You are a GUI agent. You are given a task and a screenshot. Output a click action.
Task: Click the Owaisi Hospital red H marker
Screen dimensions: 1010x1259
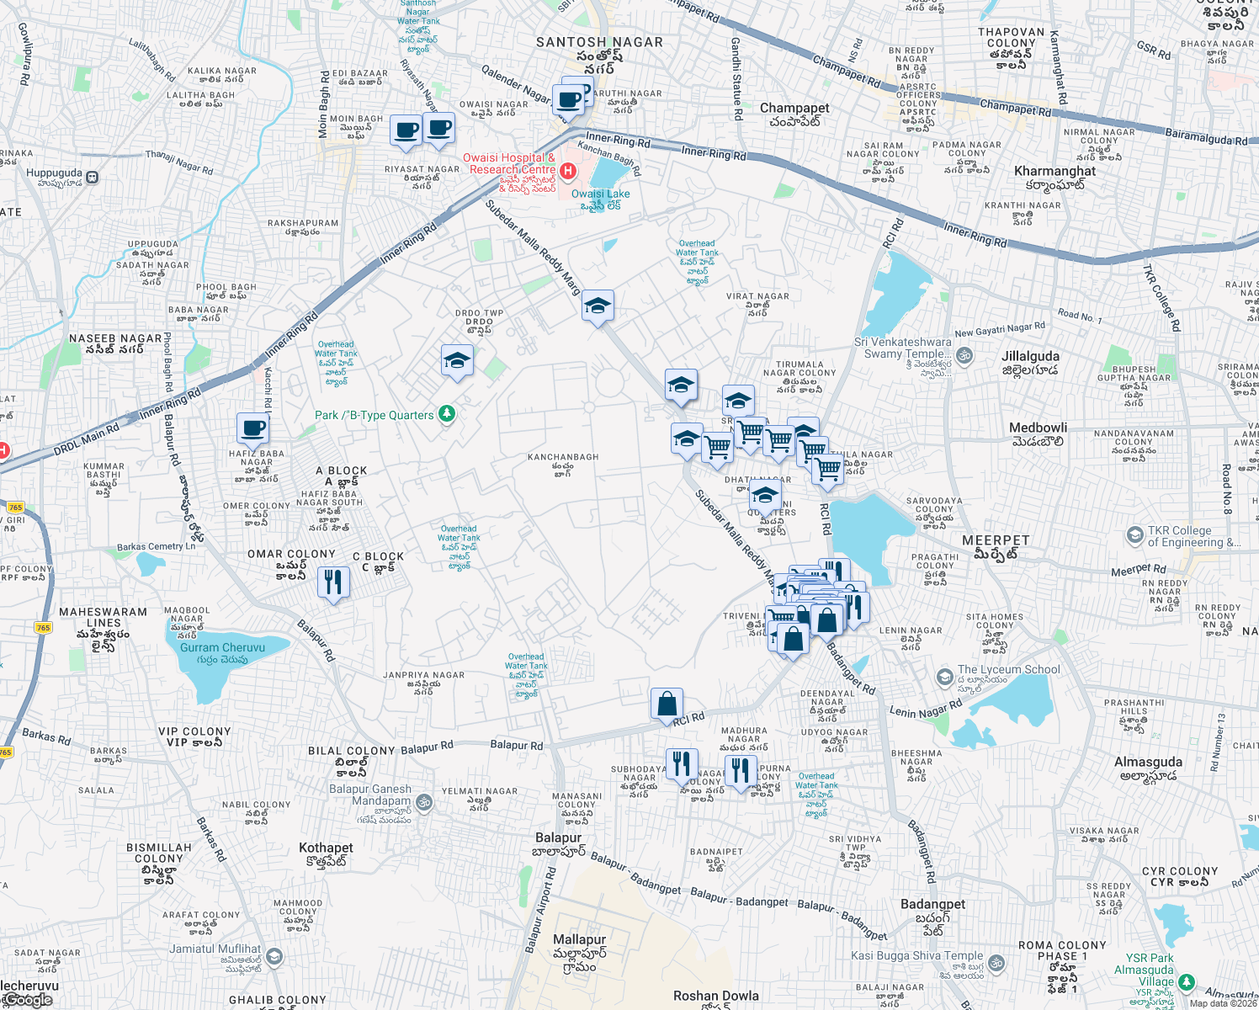(568, 172)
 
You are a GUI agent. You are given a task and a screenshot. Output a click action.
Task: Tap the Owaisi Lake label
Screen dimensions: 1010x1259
(600, 194)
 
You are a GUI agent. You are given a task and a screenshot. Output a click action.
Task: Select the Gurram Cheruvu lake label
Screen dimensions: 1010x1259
(222, 648)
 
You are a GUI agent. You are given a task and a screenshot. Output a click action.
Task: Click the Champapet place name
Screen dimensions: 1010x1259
(794, 109)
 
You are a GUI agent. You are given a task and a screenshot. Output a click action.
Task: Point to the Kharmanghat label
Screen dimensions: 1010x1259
(1054, 172)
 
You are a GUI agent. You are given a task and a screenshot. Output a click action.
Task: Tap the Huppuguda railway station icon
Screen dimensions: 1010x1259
(92, 178)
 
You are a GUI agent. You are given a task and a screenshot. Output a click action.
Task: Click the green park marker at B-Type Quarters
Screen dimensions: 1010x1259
(447, 413)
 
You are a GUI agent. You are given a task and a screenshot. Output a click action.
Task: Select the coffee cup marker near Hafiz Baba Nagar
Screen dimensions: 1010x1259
(252, 428)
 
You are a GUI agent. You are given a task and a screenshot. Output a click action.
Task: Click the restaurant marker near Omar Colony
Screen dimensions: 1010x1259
(333, 582)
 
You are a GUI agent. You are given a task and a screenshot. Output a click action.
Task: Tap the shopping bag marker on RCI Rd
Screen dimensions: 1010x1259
(667, 704)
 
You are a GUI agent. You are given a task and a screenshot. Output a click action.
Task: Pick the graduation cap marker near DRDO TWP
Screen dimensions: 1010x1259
(457, 361)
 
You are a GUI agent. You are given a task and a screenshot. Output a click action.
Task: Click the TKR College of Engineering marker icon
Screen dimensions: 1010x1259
(1134, 535)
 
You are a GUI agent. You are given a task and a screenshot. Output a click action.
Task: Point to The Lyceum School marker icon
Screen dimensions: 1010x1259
(944, 677)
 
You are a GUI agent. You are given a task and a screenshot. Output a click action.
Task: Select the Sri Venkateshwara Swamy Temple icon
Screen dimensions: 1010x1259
(964, 355)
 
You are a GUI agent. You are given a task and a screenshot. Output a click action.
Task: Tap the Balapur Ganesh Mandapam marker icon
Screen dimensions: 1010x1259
(425, 802)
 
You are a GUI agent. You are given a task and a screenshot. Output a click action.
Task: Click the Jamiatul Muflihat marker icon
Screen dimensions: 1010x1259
(274, 956)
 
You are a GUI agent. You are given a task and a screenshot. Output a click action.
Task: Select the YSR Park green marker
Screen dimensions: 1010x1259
(1186, 981)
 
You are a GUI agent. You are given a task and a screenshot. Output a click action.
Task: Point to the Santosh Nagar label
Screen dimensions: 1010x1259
(600, 42)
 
